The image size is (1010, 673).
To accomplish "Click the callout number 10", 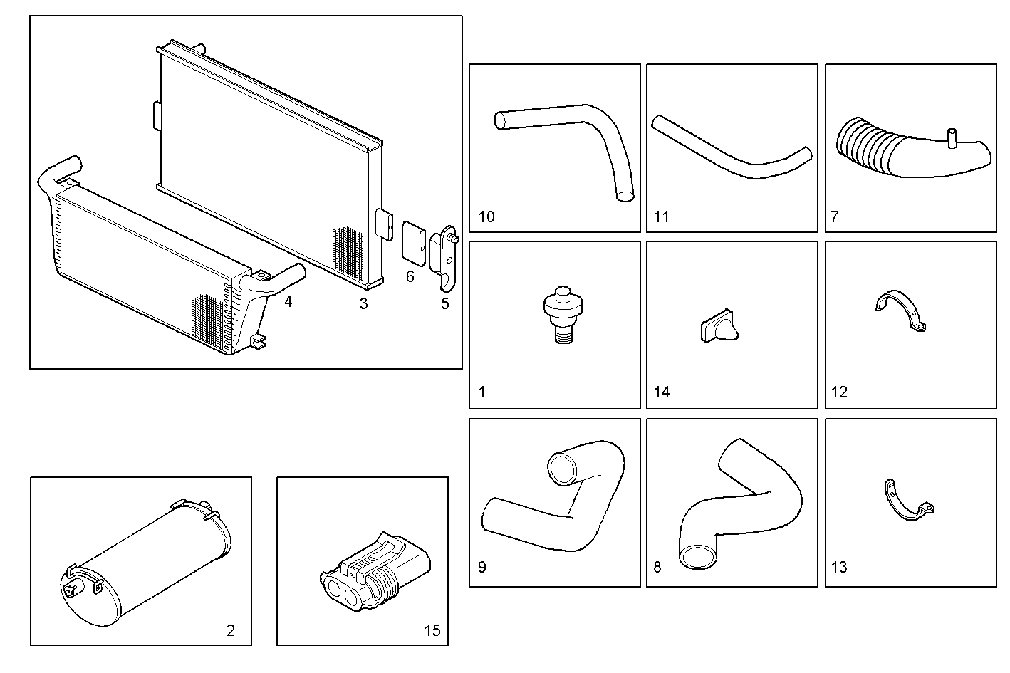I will click(x=486, y=216).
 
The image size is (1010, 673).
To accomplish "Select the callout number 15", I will click(x=432, y=630).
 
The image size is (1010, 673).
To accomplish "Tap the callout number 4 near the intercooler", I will click(x=288, y=302).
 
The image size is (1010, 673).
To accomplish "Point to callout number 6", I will click(x=410, y=276).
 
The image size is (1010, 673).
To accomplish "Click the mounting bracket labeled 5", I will click(x=445, y=260).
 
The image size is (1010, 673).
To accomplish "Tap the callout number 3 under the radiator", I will click(x=363, y=304).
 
